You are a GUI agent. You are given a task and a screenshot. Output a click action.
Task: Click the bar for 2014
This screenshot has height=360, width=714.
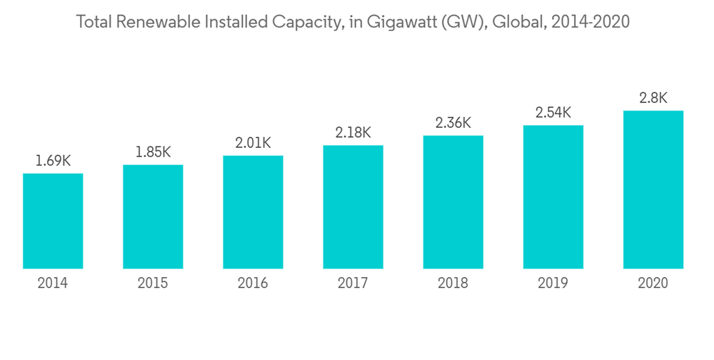53,221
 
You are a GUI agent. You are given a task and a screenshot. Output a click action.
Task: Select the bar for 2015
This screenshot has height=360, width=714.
153,216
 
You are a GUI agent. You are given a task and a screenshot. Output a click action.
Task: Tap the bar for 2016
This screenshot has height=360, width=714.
253,212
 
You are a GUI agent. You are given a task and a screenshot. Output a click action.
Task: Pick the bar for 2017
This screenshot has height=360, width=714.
353,207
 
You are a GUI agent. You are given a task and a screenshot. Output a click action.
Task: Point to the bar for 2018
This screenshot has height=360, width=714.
453,202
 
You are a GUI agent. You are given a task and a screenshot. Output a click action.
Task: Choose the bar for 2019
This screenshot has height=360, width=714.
553,197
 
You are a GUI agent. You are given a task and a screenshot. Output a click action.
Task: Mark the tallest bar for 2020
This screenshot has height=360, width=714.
653,189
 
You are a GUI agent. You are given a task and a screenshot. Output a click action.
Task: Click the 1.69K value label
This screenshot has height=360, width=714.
53,161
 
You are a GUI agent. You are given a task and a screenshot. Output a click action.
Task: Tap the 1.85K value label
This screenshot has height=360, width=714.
153,152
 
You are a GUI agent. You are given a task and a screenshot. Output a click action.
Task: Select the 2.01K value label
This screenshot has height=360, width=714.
253,143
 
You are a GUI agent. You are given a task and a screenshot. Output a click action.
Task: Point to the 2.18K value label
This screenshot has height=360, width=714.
353,133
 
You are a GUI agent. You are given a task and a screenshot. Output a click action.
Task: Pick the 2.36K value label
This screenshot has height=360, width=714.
453,123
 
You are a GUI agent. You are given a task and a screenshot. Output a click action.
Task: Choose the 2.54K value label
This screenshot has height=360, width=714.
553,113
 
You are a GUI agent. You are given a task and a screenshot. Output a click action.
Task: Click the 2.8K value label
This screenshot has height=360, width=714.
653,99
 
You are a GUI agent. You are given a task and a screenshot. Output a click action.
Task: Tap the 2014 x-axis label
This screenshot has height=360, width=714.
53,284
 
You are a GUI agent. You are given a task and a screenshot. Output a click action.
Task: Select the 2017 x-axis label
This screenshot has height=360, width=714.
353,284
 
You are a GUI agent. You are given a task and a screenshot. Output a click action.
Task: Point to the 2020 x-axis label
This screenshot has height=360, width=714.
653,284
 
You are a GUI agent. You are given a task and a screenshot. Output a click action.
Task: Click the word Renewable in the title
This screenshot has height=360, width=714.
160,22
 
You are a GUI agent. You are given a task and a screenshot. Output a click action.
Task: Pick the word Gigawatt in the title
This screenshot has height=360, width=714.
396,22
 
